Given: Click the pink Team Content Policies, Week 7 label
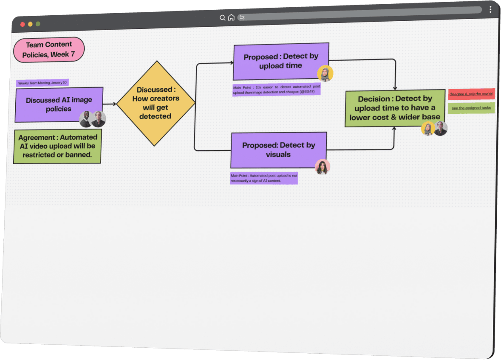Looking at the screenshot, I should pos(49,50).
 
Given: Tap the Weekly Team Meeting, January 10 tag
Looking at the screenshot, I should pos(42,83).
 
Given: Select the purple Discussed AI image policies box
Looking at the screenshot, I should pos(59,104).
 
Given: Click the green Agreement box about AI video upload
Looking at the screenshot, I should pos(57,146).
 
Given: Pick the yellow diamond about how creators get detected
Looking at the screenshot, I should pos(156,103).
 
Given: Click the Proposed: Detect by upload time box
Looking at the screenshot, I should pos(281,61).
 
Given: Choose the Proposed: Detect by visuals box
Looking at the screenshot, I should pos(279,150).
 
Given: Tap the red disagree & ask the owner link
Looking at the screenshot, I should pos(472,94).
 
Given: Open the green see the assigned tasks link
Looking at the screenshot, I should pos(471,108).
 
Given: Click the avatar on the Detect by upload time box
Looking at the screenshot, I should pos(325,74).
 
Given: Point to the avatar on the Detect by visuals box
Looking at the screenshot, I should pos(323,167).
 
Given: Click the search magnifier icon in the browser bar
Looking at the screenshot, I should pos(222,18).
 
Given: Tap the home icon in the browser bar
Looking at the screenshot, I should pos(231,17).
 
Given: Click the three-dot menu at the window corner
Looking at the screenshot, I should pos(490,9).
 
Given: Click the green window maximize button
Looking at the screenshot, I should pos(38,24).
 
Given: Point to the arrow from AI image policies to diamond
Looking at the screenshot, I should pos(110,104).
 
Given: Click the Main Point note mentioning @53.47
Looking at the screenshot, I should pos(276,90).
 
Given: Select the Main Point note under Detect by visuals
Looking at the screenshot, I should pos(264,178).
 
